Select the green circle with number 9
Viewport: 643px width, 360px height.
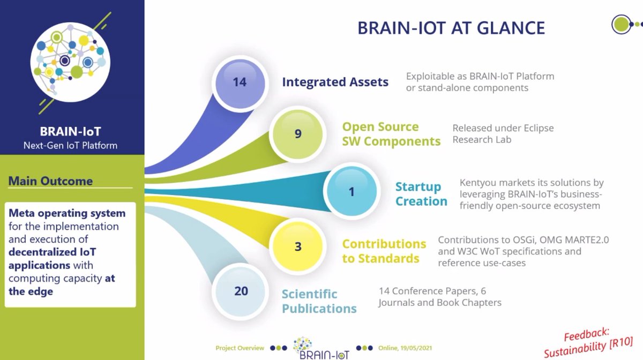coord(298,134)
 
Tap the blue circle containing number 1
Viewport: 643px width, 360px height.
coord(352,191)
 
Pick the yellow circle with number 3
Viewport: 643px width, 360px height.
coord(298,247)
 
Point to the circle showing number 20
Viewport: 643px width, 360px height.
coord(241,291)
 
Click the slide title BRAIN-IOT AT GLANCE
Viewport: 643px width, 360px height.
coord(451,28)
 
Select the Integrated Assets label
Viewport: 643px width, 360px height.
coord(335,82)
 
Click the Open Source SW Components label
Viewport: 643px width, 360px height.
coord(391,134)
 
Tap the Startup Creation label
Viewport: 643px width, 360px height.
coord(421,194)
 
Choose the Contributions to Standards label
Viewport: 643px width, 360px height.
coord(384,251)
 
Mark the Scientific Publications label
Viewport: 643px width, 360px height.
coord(319,301)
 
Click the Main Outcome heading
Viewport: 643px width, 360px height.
coord(50,181)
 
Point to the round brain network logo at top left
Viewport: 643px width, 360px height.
coord(68,59)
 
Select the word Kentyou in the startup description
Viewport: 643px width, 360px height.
coord(480,183)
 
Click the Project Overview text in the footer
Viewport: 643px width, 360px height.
coord(240,348)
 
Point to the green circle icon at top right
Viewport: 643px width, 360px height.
coord(621,24)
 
